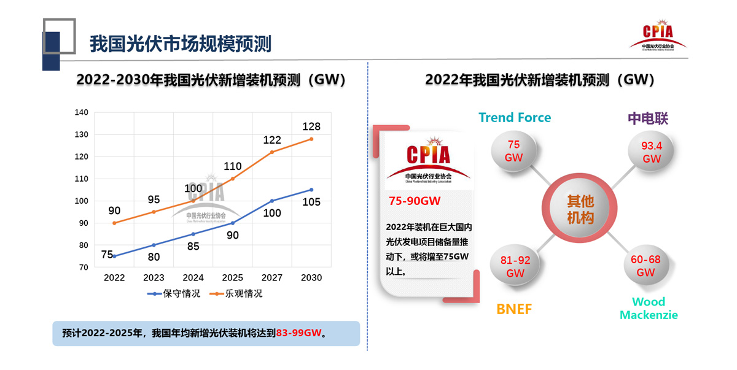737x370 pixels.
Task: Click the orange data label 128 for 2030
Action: point(311,126)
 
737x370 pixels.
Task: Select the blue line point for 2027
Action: point(272,201)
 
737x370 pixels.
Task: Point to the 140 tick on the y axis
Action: point(82,112)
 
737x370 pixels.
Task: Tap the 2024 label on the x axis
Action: point(193,277)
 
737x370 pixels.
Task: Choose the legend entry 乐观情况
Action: point(243,294)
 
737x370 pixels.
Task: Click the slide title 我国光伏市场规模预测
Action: point(181,44)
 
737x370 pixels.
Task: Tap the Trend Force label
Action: point(515,117)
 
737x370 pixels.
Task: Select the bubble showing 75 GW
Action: point(514,151)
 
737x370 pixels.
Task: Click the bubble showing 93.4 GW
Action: point(651,152)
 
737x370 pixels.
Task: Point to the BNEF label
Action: point(514,309)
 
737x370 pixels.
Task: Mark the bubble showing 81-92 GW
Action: point(515,266)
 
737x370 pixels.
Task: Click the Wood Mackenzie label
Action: point(649,308)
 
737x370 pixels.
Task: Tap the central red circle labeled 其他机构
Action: point(580,209)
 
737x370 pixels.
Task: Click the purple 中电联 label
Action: point(647,118)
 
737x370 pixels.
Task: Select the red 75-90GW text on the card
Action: point(415,201)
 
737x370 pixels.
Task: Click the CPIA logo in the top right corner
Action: point(658,36)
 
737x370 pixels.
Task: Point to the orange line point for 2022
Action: point(114,223)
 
